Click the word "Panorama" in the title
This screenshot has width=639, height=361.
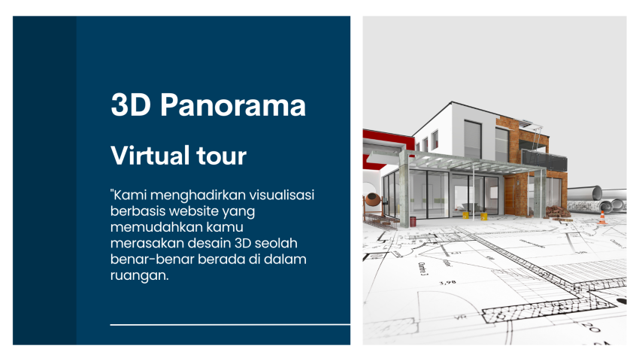(234, 105)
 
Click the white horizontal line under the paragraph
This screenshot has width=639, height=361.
(230, 325)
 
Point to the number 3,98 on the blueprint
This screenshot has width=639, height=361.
(449, 283)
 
